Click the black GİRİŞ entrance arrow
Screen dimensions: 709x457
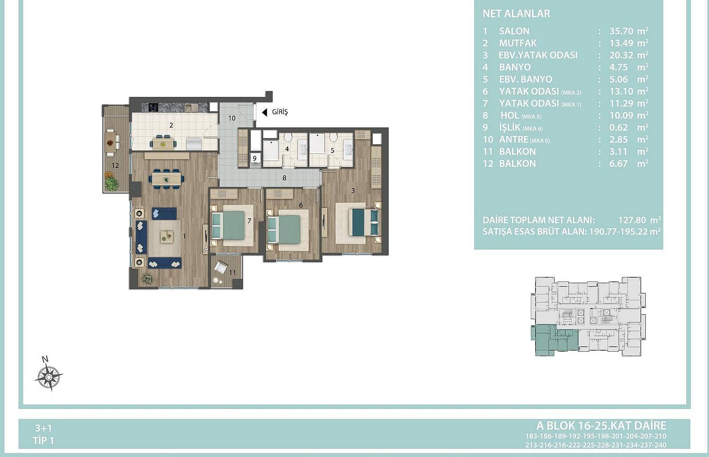[265, 112]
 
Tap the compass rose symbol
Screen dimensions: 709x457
[49, 376]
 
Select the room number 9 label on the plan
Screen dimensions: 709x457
[254, 158]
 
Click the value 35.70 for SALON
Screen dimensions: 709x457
[621, 31]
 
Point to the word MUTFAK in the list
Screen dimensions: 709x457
[518, 43]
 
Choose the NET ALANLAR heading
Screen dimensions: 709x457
[516, 14]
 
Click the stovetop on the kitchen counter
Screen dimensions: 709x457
[154, 107]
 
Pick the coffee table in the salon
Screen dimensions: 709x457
[166, 237]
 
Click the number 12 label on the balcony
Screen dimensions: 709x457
[115, 165]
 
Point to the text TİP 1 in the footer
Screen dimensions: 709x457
[43, 441]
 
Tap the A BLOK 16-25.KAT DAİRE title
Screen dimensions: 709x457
[601, 425]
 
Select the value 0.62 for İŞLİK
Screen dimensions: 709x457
[619, 128]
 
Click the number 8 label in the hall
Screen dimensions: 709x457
[284, 178]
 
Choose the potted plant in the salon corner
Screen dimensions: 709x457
[147, 278]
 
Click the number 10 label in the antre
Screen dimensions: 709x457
[232, 118]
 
